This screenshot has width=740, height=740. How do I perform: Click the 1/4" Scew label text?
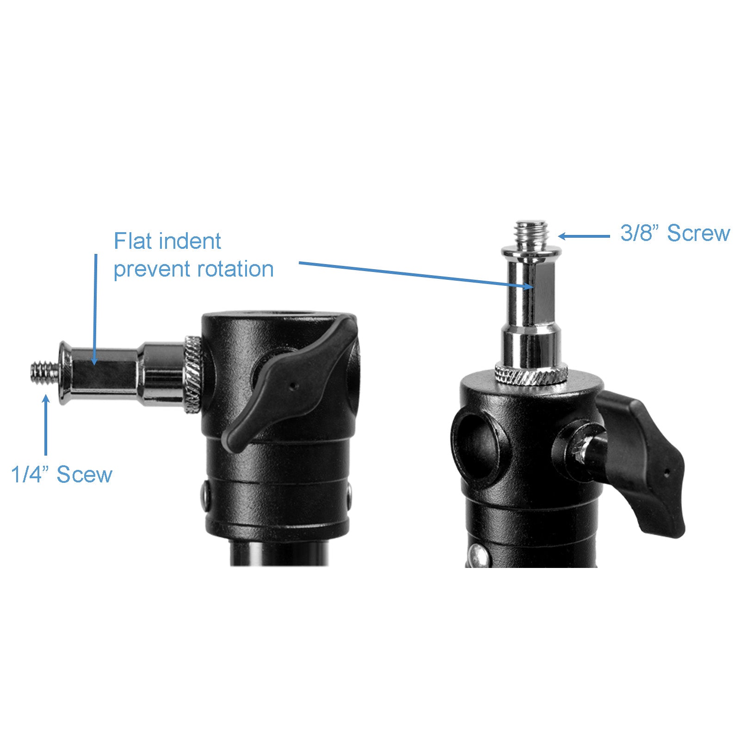click(62, 475)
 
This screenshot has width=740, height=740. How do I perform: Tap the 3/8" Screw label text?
click(675, 233)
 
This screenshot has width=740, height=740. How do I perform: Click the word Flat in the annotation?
click(131, 241)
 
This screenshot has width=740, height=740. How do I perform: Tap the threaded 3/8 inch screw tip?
click(532, 235)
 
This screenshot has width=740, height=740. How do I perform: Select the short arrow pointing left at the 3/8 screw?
click(584, 236)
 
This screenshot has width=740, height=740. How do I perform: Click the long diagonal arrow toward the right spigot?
click(416, 275)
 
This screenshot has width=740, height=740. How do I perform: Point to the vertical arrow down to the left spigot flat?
click(95, 309)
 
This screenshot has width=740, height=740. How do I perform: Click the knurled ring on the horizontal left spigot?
click(193, 375)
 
